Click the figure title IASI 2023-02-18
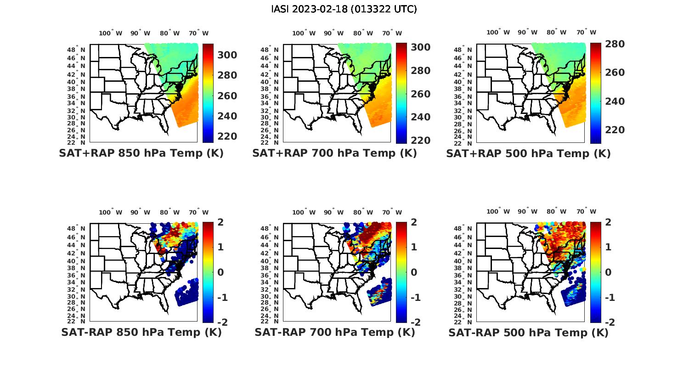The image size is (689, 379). [x=344, y=9]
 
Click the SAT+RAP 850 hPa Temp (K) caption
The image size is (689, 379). [x=141, y=153]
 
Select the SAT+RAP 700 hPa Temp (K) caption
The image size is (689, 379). [x=334, y=153]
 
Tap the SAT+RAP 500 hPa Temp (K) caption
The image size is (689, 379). [x=528, y=153]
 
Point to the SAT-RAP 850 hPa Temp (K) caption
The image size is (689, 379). [x=141, y=333]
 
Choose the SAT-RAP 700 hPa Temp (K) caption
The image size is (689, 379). [x=334, y=333]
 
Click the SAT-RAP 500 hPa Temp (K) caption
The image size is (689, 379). [x=528, y=333]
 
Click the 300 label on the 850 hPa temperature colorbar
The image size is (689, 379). [x=227, y=55]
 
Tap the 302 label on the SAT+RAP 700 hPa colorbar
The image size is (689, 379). [x=420, y=47]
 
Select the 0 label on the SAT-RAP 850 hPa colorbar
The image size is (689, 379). [x=220, y=272]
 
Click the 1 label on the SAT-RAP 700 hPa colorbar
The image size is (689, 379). [x=413, y=247]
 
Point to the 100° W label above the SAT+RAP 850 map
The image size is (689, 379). [x=111, y=33]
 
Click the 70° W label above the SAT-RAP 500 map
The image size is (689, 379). [x=586, y=212]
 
